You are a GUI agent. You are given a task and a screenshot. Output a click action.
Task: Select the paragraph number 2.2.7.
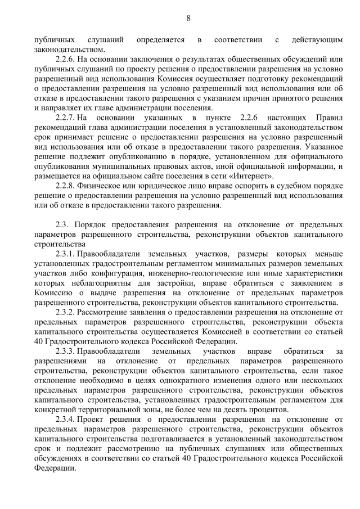(65, 117)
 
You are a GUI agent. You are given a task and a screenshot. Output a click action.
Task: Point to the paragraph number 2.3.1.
(65, 254)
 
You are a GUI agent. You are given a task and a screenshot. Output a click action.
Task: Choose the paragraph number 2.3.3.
(65, 351)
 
